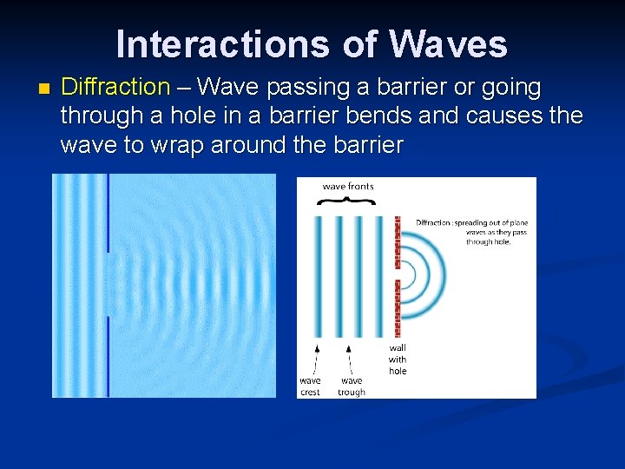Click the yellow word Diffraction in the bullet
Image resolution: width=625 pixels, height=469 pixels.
115,88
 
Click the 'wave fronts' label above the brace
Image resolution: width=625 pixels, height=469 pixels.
348,187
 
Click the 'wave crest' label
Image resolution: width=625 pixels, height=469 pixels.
310,386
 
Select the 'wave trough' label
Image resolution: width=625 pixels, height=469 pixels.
352,386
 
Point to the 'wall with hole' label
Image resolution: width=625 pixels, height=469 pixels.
398,360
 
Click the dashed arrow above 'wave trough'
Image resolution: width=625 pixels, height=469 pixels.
348,358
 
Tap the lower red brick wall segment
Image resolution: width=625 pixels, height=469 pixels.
398,308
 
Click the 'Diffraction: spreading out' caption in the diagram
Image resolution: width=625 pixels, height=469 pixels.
471,232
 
